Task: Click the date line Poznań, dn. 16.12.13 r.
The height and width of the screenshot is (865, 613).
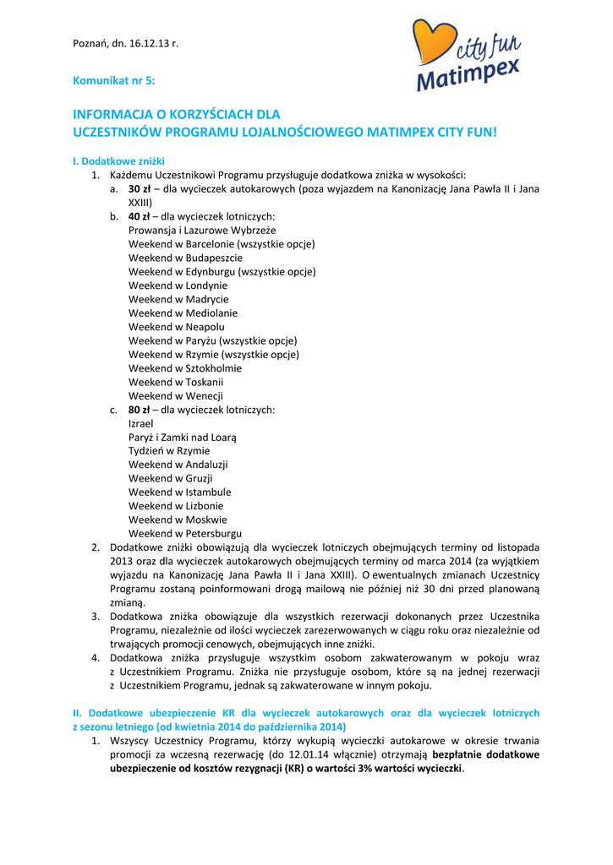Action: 126,43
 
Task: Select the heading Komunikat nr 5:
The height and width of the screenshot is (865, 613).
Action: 114,80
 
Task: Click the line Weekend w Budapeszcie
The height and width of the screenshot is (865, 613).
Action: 185,258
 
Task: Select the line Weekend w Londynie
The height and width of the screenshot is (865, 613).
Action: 178,286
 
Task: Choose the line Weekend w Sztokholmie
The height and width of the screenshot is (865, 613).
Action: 185,368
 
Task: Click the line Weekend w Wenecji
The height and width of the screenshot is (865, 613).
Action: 176,396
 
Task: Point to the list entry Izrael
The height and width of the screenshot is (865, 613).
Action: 141,423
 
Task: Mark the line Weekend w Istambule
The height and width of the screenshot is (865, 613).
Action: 179,492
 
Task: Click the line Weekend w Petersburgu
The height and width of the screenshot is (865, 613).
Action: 185,534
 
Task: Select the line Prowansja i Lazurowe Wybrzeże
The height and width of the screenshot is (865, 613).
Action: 202,230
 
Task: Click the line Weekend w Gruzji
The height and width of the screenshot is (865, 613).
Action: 171,479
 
